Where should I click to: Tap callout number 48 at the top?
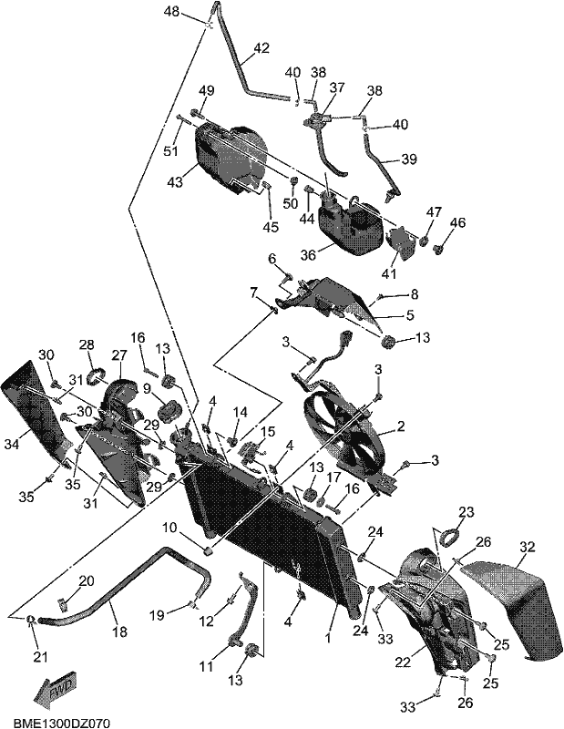pyautogui.click(x=171, y=11)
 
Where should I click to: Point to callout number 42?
pyautogui.click(x=261, y=48)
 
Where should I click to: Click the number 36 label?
pyautogui.click(x=308, y=255)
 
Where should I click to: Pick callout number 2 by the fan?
pyautogui.click(x=401, y=426)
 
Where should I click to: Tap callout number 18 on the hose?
pyautogui.click(x=120, y=631)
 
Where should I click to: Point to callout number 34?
pyautogui.click(x=12, y=445)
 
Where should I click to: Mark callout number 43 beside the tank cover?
pyautogui.click(x=175, y=181)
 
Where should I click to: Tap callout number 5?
pyautogui.click(x=410, y=314)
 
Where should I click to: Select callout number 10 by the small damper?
pyautogui.click(x=169, y=528)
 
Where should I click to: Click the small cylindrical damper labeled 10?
pyautogui.click(x=209, y=551)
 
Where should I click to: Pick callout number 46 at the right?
pyautogui.click(x=457, y=222)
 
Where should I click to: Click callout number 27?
pyautogui.click(x=119, y=355)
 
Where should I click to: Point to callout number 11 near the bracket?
pyautogui.click(x=206, y=666)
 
